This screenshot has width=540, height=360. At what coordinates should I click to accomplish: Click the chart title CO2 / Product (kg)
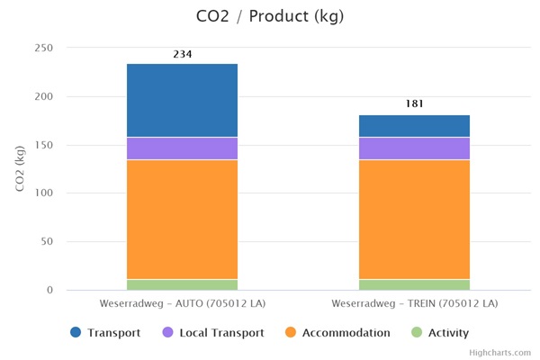pos(269,16)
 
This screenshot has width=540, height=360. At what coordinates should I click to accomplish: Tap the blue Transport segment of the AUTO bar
pos(182,100)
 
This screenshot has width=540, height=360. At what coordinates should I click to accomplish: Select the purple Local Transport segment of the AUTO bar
pos(182,148)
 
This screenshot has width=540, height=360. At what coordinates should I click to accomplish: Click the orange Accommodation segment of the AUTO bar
pos(182,219)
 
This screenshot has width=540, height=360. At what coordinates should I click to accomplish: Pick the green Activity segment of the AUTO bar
pos(182,284)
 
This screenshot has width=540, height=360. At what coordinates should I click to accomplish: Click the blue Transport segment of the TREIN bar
pos(414,126)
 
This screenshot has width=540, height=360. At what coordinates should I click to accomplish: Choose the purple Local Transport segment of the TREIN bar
pos(414,148)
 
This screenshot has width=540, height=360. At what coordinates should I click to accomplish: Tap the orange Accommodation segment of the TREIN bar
pos(414,219)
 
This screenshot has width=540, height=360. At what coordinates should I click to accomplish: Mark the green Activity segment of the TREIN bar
pos(414,284)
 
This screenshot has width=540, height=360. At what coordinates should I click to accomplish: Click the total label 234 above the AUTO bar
pos(182,54)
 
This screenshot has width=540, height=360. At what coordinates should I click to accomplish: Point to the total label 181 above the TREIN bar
pos(414,104)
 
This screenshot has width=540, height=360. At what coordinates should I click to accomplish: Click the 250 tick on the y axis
pos(44,48)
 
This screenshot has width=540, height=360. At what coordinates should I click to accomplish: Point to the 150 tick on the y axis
pos(44,145)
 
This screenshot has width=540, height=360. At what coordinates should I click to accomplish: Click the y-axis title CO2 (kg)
pos(20,168)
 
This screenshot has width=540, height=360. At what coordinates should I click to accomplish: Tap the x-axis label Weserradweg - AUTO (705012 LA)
pos(182,303)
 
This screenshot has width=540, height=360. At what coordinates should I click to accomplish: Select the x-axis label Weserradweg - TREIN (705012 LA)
pos(414,303)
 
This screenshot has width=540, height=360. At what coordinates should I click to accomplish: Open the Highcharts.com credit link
pos(500,353)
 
